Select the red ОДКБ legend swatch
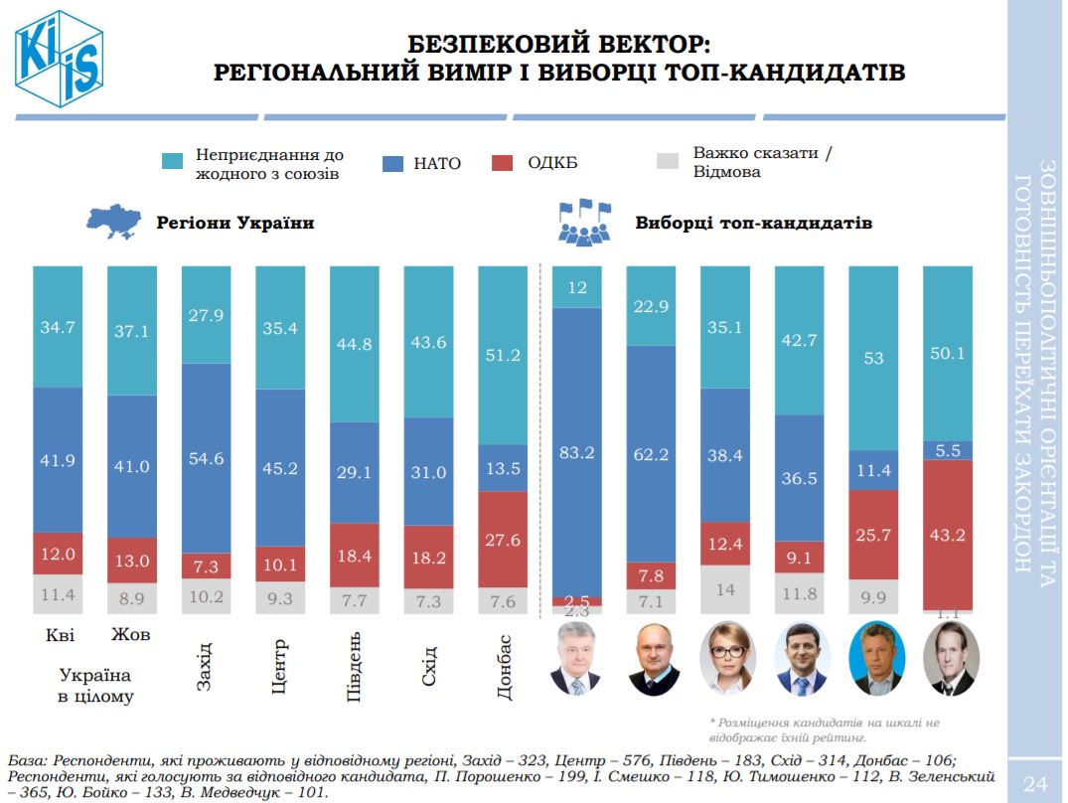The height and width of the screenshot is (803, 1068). (503, 163)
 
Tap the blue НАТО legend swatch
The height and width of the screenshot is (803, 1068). (392, 163)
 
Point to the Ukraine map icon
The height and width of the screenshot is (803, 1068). (116, 222)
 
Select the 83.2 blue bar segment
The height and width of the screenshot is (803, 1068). (576, 452)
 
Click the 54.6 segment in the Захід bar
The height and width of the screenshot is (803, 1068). (206, 458)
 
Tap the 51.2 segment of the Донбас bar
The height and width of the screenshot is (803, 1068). (503, 355)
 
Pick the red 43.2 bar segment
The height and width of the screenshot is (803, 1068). (948, 535)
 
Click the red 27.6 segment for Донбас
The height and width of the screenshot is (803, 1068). (503, 540)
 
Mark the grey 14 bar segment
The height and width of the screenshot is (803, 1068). (725, 589)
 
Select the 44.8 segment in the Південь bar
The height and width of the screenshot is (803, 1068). (354, 345)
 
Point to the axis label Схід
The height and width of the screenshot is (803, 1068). (428, 665)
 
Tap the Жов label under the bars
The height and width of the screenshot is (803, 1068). (131, 634)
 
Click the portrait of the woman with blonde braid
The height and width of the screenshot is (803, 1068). (725, 659)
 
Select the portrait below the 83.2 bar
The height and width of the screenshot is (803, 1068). (577, 659)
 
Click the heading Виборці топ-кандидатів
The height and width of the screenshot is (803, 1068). (753, 223)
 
